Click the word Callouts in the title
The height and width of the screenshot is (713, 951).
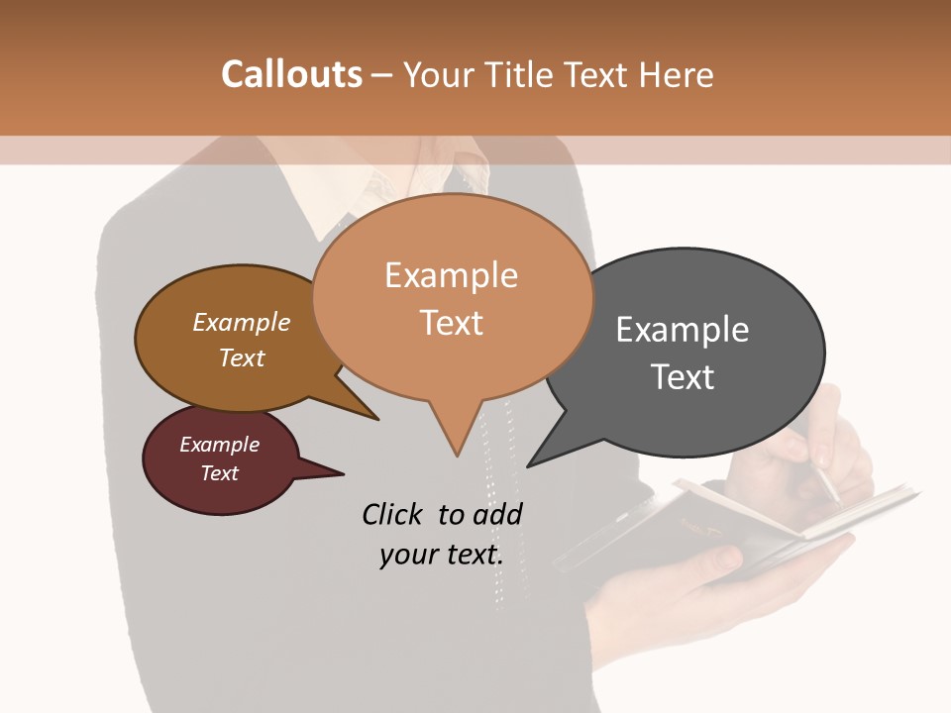(291, 74)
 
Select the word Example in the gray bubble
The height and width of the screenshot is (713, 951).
(683, 330)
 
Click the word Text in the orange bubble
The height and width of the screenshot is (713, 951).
(452, 323)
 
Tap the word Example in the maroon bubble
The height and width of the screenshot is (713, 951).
(219, 445)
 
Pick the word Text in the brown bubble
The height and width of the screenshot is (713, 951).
(242, 357)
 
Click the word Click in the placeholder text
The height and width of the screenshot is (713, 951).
(393, 514)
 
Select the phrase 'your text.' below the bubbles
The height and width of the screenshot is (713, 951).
(441, 555)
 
